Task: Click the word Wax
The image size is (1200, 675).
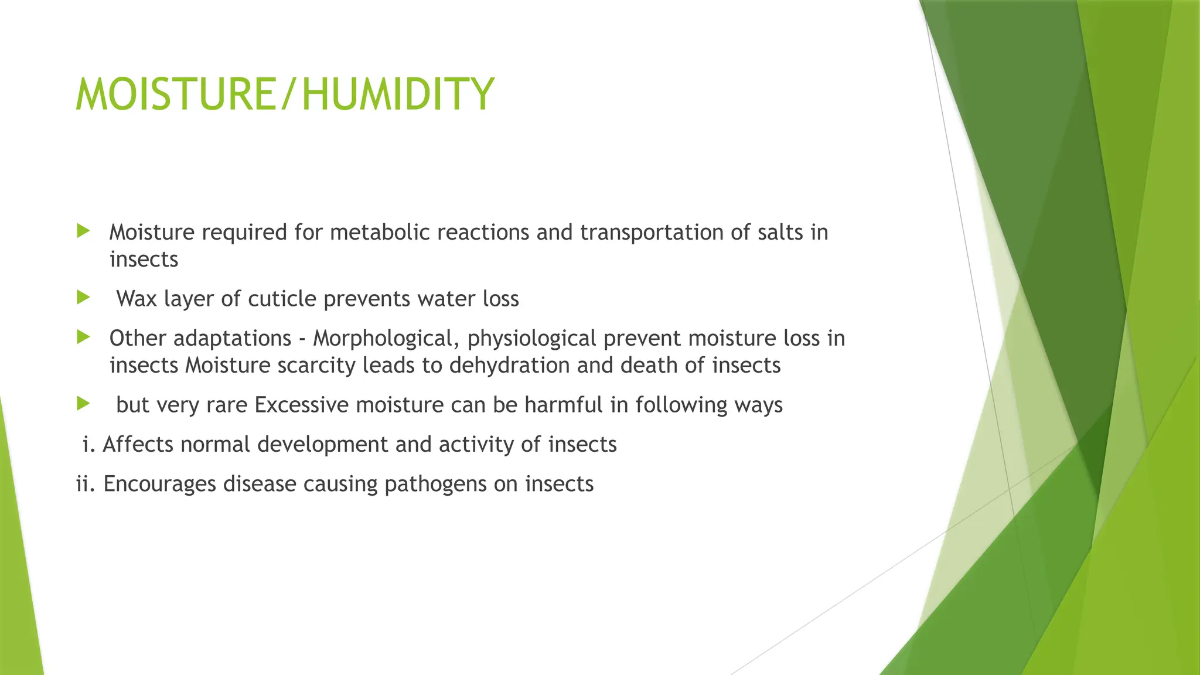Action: tap(137, 299)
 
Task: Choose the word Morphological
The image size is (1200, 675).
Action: tap(386, 339)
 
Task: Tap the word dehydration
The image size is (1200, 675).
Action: tap(509, 366)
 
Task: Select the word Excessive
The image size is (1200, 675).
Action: tap(301, 405)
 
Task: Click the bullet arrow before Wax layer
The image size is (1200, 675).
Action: tap(83, 298)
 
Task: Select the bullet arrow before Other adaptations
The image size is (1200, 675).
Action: tap(83, 337)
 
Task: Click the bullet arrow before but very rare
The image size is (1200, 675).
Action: tap(83, 404)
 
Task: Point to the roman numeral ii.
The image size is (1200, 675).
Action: tap(86, 484)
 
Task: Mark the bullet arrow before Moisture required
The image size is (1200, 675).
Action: tap(83, 231)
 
